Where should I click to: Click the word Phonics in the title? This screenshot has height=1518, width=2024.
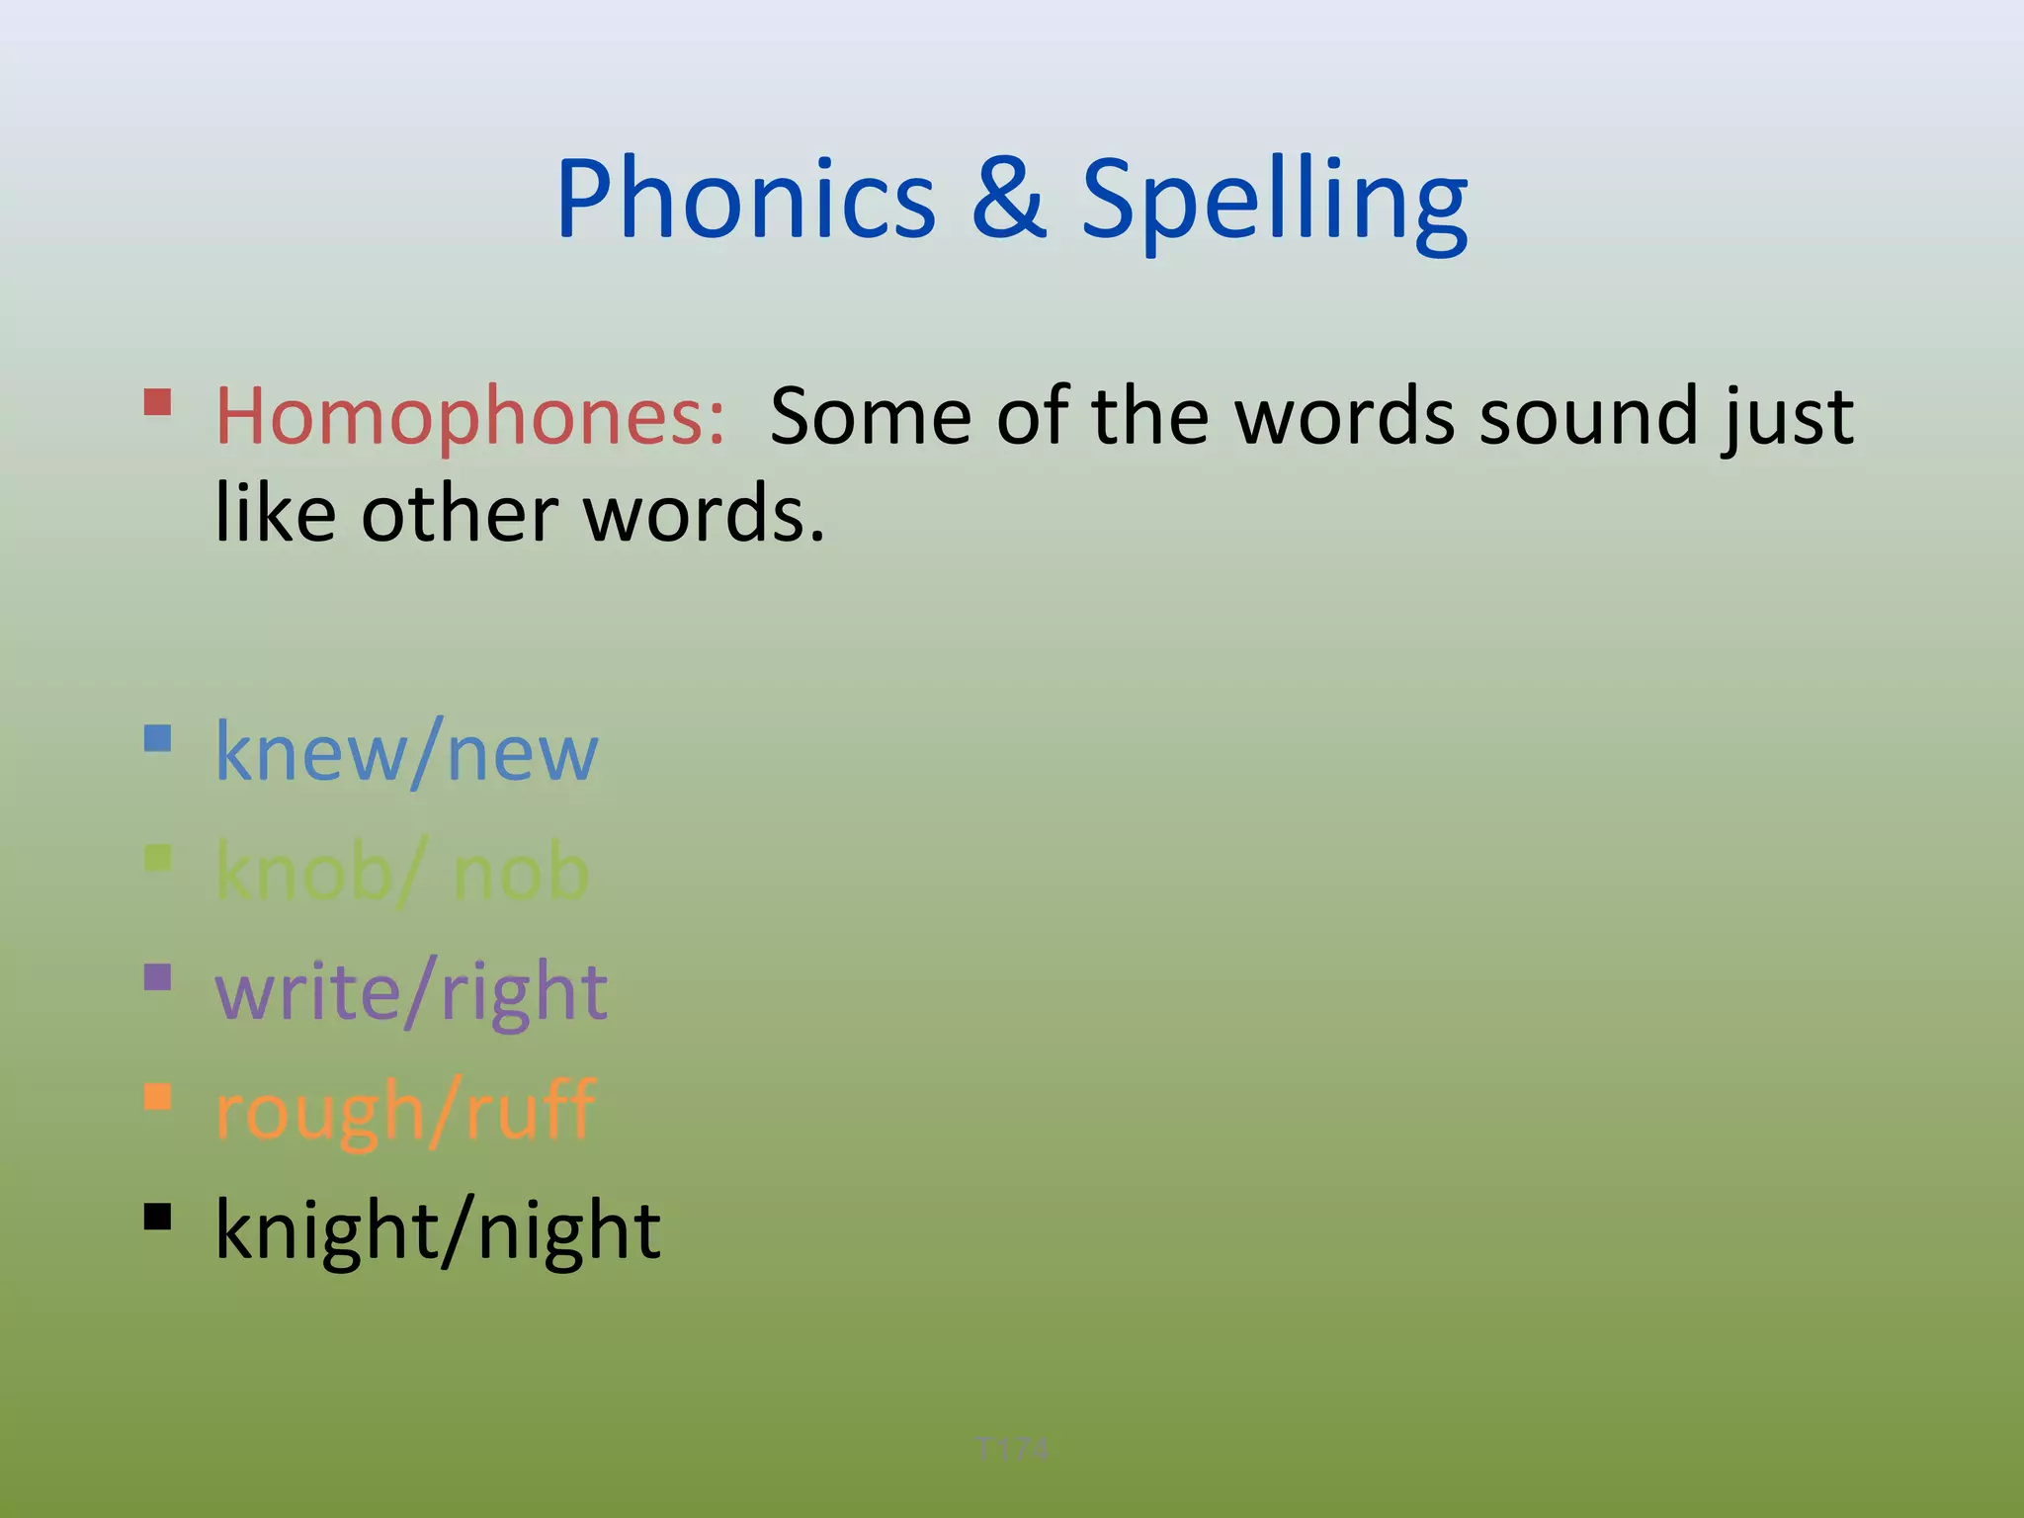[x=746, y=201]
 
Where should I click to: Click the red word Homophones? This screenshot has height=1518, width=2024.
[x=470, y=417]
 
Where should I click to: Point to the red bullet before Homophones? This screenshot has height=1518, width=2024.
[x=158, y=402]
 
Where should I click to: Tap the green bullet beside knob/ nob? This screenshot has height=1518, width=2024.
[x=158, y=858]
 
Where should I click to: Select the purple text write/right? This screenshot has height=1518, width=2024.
[x=411, y=992]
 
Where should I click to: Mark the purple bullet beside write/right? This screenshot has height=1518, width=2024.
[x=158, y=977]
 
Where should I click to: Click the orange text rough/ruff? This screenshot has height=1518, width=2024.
[x=405, y=1112]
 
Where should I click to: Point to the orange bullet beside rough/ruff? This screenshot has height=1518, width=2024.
[x=158, y=1097]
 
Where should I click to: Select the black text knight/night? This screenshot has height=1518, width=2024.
[x=438, y=1231]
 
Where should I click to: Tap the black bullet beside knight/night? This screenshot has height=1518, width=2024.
[x=158, y=1217]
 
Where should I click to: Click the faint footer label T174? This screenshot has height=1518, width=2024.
[x=1012, y=1449]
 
